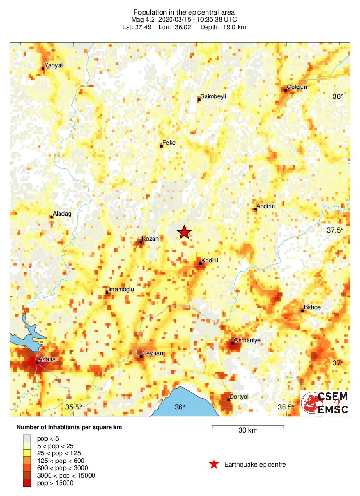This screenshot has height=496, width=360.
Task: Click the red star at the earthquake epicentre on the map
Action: tap(184, 232)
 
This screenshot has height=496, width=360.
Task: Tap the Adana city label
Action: tap(47, 359)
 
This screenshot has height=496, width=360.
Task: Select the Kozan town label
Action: tap(150, 239)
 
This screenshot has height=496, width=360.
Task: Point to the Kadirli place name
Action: tap(210, 260)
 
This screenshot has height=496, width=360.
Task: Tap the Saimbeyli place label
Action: tap(213, 96)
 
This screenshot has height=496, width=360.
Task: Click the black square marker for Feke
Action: tap(161, 146)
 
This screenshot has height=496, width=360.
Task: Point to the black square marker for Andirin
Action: tap(255, 209)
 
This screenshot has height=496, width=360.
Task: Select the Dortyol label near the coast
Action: tap(239, 397)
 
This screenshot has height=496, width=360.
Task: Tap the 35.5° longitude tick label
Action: tap(74, 407)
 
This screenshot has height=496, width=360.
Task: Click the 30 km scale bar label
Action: tap(248, 431)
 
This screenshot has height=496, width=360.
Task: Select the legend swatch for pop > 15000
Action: tap(26, 483)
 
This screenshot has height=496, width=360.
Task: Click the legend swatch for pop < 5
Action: tap(26, 437)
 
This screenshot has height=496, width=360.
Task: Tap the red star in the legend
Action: tap(214, 464)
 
